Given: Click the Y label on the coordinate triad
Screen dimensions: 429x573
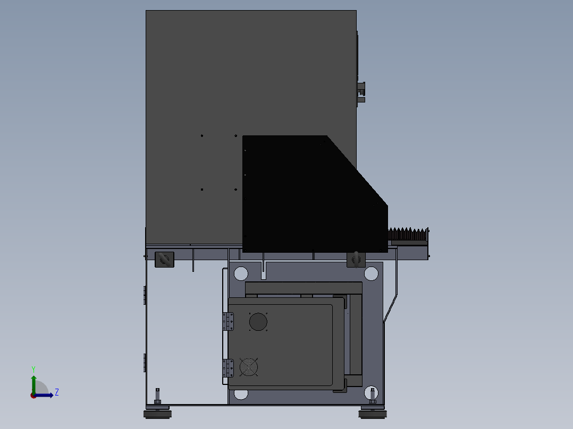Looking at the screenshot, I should (33, 368).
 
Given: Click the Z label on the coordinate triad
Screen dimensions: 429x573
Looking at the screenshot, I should (56, 392).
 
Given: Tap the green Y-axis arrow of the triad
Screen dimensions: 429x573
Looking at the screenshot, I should (33, 382).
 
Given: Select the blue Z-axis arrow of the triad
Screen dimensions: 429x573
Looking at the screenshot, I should (46, 395).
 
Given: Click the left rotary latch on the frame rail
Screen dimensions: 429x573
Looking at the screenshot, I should (164, 260).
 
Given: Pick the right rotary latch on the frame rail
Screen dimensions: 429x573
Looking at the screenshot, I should (356, 260).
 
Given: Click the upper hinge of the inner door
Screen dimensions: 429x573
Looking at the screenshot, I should (228, 321).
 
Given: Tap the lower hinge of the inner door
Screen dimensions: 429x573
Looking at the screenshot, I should (228, 368).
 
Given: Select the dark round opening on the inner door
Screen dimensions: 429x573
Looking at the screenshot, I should (258, 322).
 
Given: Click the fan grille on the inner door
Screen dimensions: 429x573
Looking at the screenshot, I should (249, 367).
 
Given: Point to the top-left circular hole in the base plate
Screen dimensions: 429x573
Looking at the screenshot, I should (241, 274).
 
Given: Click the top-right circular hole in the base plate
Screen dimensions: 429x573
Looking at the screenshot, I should (371, 274).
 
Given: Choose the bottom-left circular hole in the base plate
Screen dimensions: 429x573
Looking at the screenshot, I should (241, 393).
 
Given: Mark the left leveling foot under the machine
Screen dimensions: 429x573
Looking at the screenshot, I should (157, 411).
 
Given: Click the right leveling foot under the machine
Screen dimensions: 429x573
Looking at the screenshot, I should (373, 411).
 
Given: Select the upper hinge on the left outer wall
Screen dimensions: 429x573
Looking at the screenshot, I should (145, 295).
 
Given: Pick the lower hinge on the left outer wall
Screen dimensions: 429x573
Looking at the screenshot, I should (145, 363).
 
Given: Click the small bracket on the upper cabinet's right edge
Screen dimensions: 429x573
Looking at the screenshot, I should (361, 91).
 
